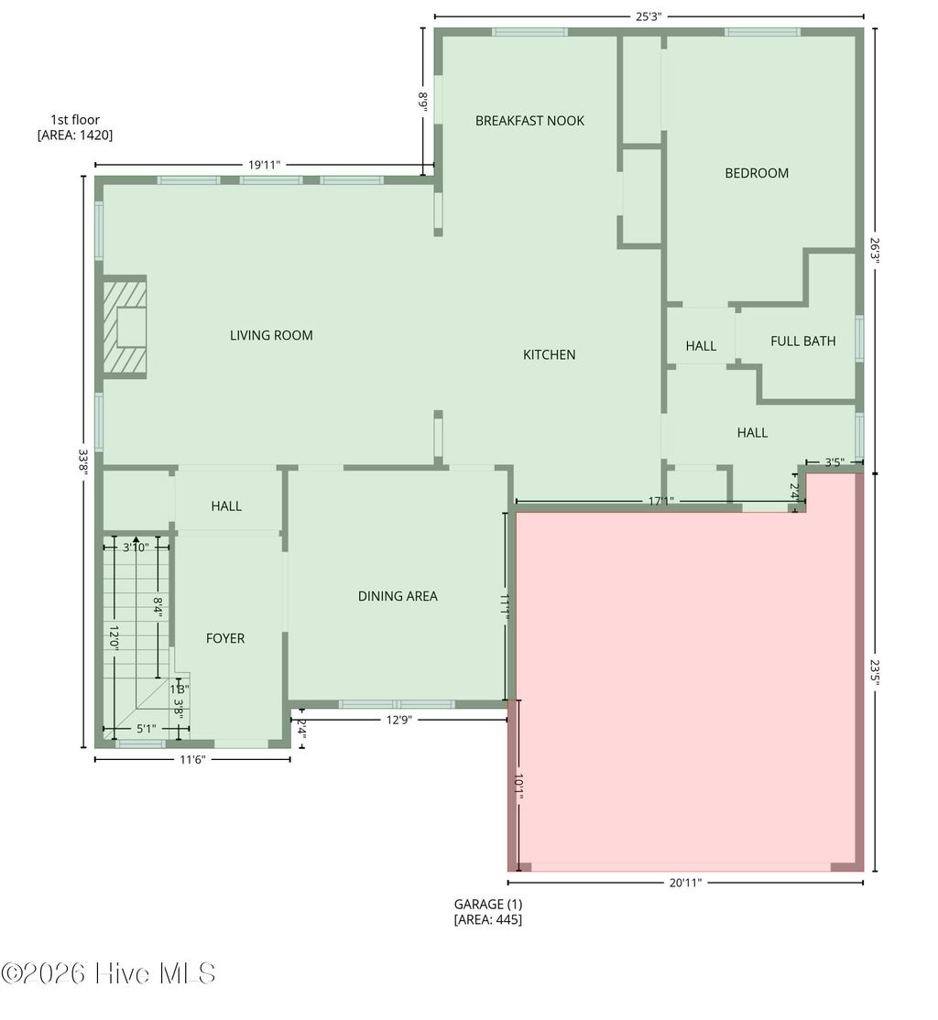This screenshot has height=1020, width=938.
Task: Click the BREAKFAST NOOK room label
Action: [x=529, y=121]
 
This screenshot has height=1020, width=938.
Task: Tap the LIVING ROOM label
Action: [x=271, y=335]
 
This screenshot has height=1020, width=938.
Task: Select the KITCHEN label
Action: [x=549, y=354]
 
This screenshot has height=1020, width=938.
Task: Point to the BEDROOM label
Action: [x=757, y=173]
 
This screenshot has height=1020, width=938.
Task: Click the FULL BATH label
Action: [x=802, y=342]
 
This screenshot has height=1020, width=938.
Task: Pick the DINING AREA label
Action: [x=398, y=596]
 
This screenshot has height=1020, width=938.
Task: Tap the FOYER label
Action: [x=225, y=638]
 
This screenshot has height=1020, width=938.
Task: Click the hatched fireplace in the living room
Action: [x=124, y=327]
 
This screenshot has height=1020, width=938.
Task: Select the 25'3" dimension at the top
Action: [x=649, y=16]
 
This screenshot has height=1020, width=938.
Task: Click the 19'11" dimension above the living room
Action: [x=264, y=165]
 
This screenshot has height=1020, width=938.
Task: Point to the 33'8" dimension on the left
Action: [x=82, y=461]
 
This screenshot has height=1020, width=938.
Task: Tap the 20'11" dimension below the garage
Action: [x=685, y=883]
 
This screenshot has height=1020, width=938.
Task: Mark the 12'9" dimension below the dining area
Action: [x=398, y=720]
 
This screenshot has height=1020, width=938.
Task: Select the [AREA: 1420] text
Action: [x=75, y=135]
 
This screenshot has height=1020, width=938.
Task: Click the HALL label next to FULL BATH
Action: [x=701, y=346]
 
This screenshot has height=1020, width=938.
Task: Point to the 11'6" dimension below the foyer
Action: [x=192, y=759]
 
